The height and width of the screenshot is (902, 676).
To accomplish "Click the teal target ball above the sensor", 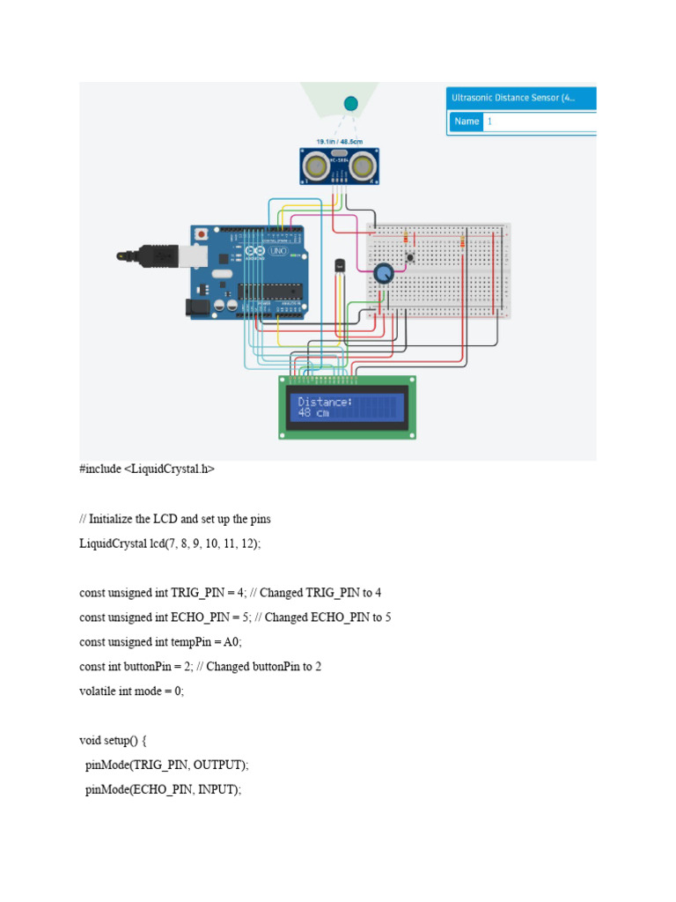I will pos(350,104).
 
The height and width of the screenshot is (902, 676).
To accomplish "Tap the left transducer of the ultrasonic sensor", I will pos(317,165).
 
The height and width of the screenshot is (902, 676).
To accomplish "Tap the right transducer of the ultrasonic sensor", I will pos(364,165).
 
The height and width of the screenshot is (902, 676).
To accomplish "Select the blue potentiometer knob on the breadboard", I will pos(384,275).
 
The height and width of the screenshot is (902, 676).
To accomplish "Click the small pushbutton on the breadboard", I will pos(410,257).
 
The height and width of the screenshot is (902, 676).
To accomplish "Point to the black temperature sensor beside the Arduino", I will pos(339,264).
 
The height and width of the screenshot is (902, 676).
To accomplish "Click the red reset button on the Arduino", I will pos(202,235).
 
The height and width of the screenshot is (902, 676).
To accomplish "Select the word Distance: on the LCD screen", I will pos(325,402).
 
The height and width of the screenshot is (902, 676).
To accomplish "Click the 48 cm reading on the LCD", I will pos(313,413).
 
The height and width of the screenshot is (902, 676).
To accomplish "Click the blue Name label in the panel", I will pos(467,122).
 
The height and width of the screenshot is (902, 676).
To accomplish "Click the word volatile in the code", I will pos(99,691).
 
